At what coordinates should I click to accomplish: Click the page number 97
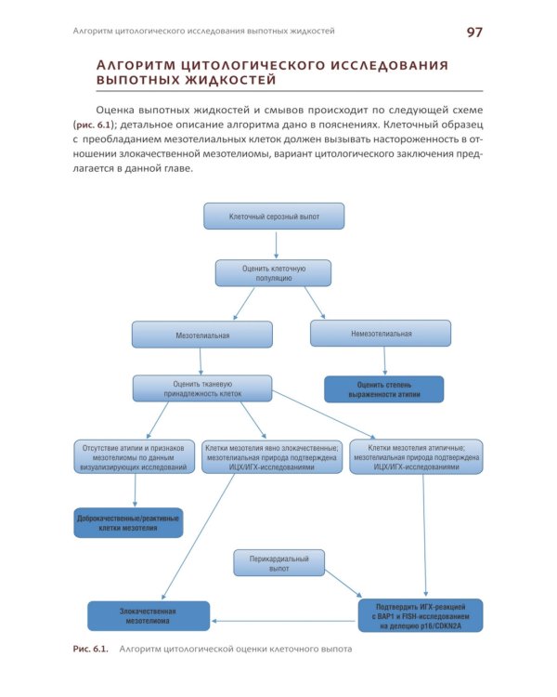tap(474, 33)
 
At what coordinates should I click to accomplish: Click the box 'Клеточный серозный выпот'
tap(274, 217)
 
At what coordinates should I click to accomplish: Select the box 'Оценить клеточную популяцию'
tap(274, 272)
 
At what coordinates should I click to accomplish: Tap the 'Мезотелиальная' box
tap(202, 335)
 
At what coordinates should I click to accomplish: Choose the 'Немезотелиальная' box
tap(381, 334)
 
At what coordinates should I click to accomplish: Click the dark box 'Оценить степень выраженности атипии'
tap(382, 389)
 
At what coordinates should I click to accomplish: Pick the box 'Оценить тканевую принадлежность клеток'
tap(202, 388)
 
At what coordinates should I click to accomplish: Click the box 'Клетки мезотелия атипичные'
tap(416, 456)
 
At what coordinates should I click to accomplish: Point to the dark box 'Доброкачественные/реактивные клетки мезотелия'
tap(128, 522)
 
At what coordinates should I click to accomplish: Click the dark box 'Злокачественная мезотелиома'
tap(148, 616)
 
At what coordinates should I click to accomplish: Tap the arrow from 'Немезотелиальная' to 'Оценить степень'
tap(381, 361)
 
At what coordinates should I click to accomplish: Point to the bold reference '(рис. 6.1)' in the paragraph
tap(93, 124)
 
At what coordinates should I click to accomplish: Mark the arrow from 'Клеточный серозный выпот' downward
tap(275, 244)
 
